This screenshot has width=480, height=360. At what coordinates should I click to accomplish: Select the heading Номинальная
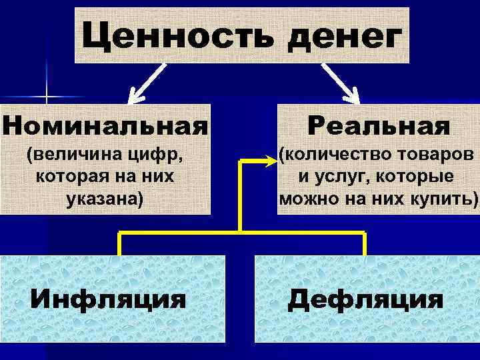coord(105,125)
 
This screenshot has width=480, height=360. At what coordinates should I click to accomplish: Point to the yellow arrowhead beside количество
coord(269,160)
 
